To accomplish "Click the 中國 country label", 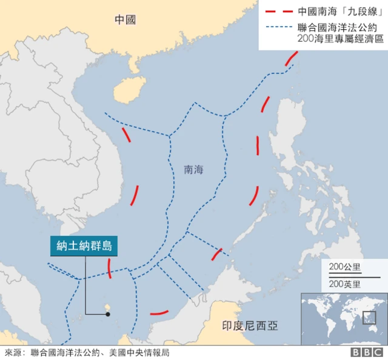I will tap(125, 20).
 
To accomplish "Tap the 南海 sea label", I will tap(193, 170).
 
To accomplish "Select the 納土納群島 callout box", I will tap(84, 246).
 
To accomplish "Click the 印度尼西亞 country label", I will tap(249, 326).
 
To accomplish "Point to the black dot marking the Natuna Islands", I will tap(108, 313).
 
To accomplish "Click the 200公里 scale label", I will tap(344, 267).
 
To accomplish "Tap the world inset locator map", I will tap(344, 318).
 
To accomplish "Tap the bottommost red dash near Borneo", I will tap(159, 313).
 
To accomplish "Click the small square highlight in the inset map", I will tap(367, 317).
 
